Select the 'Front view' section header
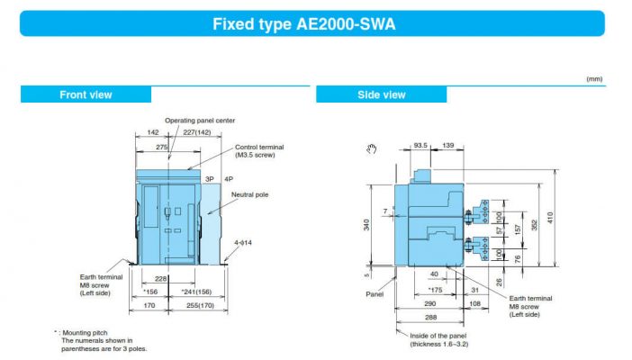pos(86,94)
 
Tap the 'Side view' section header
pos(381,94)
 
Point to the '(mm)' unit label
pos(593,80)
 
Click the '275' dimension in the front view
pos(162,146)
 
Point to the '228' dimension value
pos(162,278)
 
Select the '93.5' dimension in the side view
pos(420,144)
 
